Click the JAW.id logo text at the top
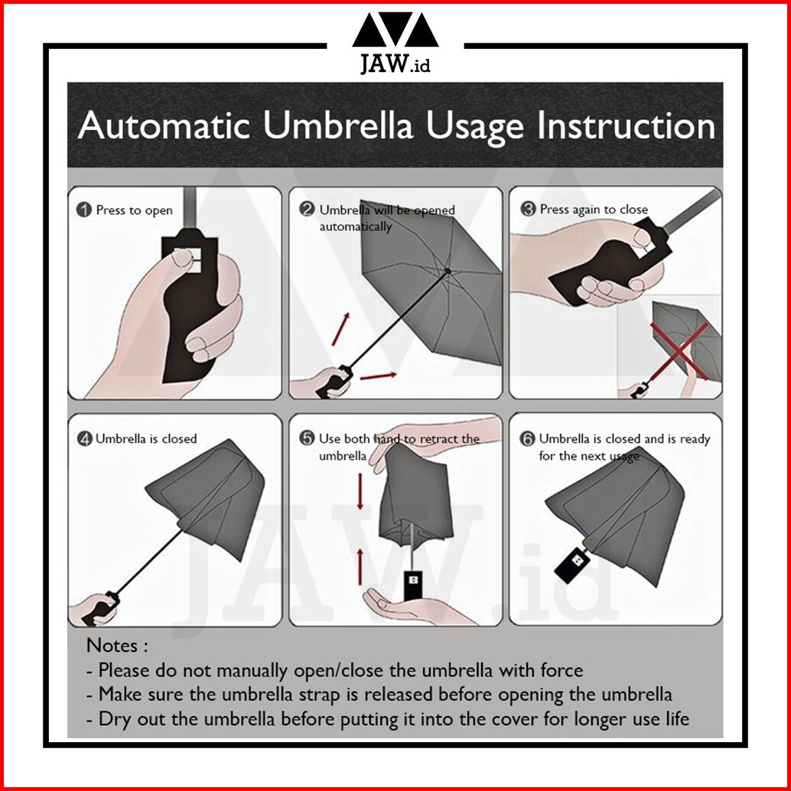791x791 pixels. pyautogui.click(x=395, y=63)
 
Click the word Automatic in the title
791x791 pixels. pyautogui.click(x=164, y=125)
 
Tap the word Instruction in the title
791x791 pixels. pyautogui.click(x=626, y=125)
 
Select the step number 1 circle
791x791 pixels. pyautogui.click(x=83, y=210)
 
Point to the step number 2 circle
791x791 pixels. pyautogui.click(x=307, y=210)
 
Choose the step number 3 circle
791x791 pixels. pyautogui.click(x=528, y=209)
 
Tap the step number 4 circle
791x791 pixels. pyautogui.click(x=84, y=438)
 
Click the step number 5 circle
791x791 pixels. pyautogui.click(x=307, y=438)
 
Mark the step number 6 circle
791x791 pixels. pyautogui.click(x=527, y=438)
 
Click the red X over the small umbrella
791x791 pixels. pyautogui.click(x=679, y=351)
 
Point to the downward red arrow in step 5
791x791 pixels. pyautogui.click(x=360, y=491)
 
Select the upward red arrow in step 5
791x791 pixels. pyautogui.click(x=360, y=567)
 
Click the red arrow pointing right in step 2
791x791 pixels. pyautogui.click(x=379, y=376)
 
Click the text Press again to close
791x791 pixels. pyautogui.click(x=594, y=210)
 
